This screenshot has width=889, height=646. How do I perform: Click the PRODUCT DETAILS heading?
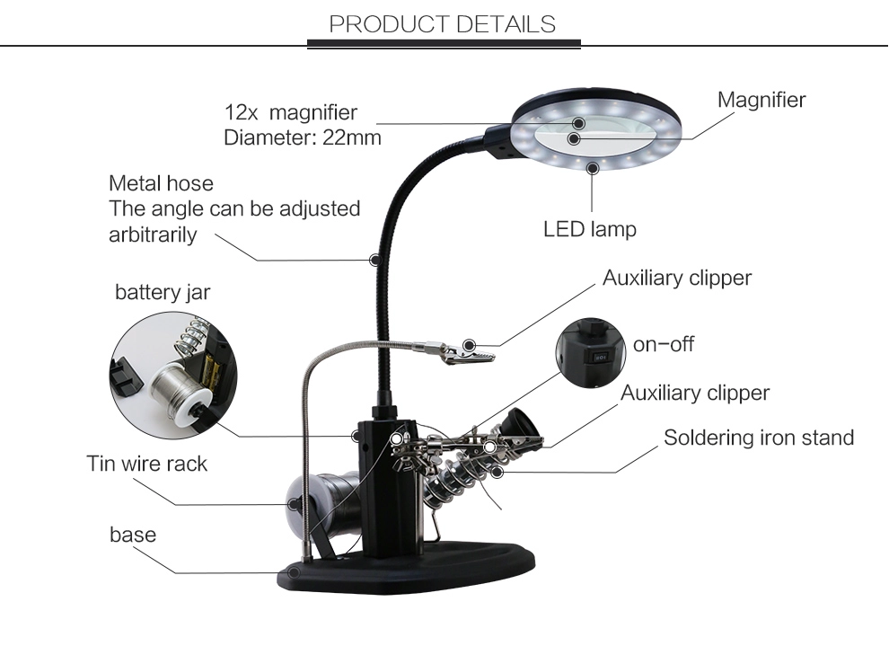(442, 24)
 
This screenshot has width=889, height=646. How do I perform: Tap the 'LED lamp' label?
(590, 229)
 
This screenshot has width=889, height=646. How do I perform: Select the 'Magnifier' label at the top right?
(761, 100)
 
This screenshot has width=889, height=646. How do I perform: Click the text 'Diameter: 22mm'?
(303, 137)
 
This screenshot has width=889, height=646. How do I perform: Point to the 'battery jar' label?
(163, 292)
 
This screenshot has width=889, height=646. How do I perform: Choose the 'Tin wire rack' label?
(147, 464)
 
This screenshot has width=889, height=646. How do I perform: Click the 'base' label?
(133, 535)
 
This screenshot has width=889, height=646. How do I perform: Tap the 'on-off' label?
(664, 344)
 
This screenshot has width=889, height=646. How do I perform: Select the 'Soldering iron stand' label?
(759, 438)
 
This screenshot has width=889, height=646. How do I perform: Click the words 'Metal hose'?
(161, 183)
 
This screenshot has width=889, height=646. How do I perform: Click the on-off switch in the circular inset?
(600, 358)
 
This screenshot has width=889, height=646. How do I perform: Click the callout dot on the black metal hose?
(375, 260)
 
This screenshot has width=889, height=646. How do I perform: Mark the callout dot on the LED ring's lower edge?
(593, 168)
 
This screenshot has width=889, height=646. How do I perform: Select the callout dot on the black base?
(293, 572)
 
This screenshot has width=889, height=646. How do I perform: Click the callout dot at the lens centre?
(574, 138)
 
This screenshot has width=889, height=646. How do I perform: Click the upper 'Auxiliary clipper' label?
(677, 278)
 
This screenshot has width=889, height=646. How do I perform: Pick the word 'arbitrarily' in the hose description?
(153, 235)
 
